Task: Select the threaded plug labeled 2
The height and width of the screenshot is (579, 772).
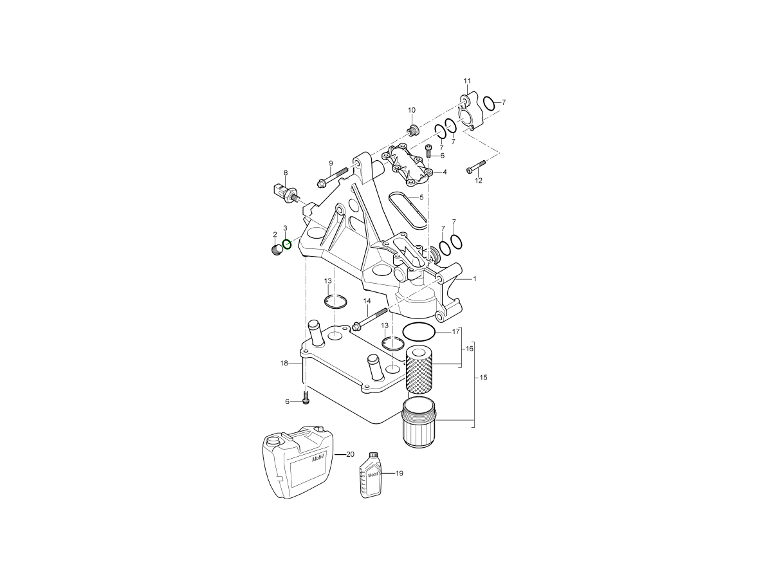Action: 278,250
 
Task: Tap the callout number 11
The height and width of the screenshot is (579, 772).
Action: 467,81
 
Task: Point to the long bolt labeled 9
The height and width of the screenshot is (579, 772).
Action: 332,177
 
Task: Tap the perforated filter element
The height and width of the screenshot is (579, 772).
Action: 419,370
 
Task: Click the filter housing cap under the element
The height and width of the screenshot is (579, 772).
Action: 419,423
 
